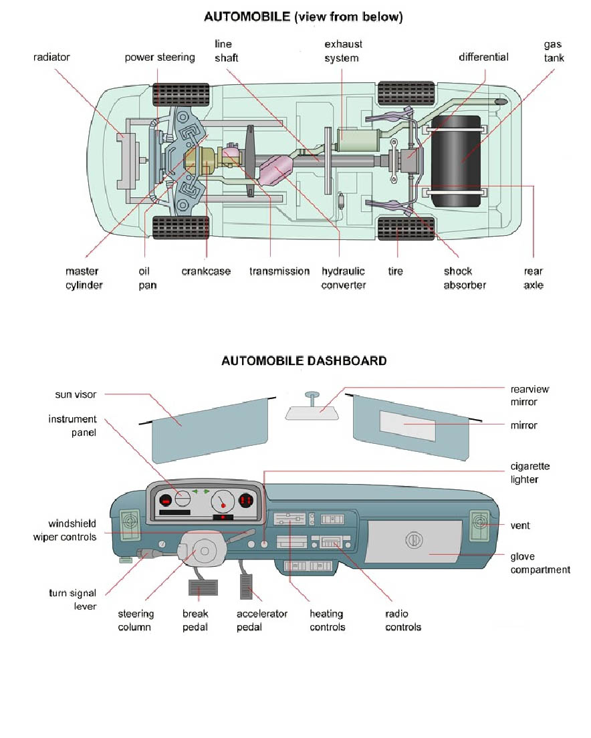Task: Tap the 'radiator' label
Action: coord(51,57)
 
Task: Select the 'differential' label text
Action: coord(483,57)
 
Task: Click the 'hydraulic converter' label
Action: coord(343,278)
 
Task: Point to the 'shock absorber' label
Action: coord(464,278)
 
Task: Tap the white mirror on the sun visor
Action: coord(407,426)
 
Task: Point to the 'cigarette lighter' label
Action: coord(529,473)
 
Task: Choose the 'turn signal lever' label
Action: coord(73,600)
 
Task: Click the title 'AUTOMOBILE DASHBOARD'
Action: coord(304,361)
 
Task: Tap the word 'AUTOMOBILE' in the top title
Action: coord(247,17)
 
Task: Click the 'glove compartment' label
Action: coord(540,563)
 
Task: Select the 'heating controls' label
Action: coord(327,620)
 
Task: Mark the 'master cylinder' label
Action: coord(84,278)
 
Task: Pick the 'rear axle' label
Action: coord(534,278)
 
